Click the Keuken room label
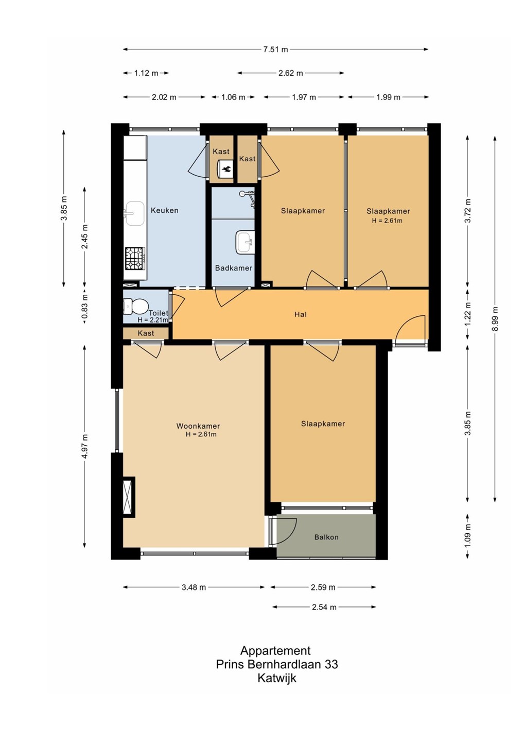tap(164, 210)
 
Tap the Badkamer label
tap(234, 268)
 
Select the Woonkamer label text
tap(198, 426)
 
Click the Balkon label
tap(326, 537)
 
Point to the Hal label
tap(301, 314)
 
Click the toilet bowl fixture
tap(135, 306)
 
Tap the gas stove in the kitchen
tap(135, 259)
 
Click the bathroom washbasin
tap(245, 242)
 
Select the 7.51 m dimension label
tap(275, 49)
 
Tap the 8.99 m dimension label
tap(495, 318)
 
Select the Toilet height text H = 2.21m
tap(153, 321)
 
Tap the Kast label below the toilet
tap(146, 333)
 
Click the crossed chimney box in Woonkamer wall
tap(128, 497)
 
